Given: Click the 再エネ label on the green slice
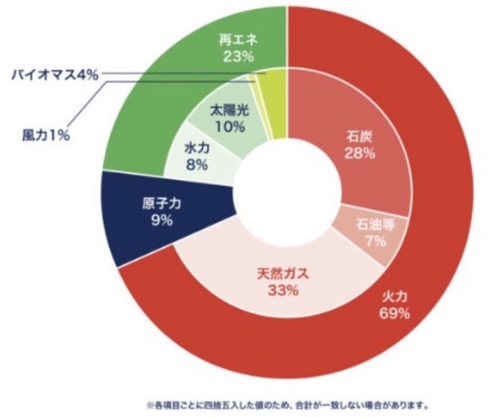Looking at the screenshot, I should (x=239, y=39).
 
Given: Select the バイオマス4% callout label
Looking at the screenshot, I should (x=54, y=75).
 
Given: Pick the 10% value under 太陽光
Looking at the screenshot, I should (x=228, y=127).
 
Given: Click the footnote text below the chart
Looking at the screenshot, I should (x=288, y=407).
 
